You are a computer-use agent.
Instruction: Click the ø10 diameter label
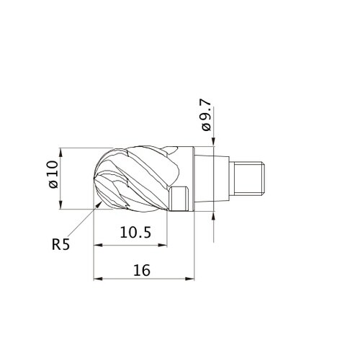point(53,174)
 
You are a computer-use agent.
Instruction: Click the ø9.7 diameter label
point(207,115)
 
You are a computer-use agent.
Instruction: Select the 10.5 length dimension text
point(135,233)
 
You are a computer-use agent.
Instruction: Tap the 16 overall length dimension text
point(142,270)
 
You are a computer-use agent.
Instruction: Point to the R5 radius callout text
point(60,245)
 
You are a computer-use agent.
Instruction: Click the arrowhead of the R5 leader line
point(99,204)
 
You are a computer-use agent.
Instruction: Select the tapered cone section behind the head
point(212,179)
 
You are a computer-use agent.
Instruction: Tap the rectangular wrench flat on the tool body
point(179,199)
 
